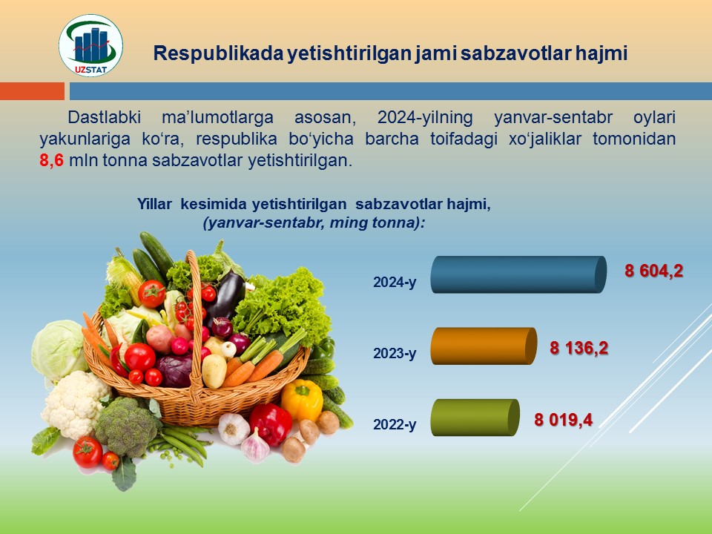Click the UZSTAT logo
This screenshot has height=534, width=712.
point(90,45)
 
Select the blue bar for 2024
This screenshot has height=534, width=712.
point(518,274)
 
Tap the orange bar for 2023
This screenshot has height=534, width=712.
point(484,346)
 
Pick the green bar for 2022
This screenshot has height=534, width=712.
point(475,418)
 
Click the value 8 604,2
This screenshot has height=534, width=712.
point(654,271)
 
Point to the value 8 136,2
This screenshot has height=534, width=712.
point(579,349)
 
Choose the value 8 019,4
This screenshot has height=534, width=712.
point(564,420)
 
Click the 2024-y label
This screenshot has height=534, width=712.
point(395,283)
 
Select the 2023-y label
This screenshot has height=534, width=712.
point(395,353)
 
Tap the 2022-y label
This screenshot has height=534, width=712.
point(395,424)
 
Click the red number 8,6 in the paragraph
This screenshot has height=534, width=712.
point(51,161)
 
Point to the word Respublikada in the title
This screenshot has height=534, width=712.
point(217,53)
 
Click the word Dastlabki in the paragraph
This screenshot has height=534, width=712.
point(105,117)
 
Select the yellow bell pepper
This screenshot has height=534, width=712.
point(302,399)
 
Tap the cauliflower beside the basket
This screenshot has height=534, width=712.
point(75,404)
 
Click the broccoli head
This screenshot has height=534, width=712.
point(127,426)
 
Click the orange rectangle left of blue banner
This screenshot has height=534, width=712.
point(32,91)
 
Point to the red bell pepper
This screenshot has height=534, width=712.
point(271,423)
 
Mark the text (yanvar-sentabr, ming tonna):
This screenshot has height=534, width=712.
point(314,223)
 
